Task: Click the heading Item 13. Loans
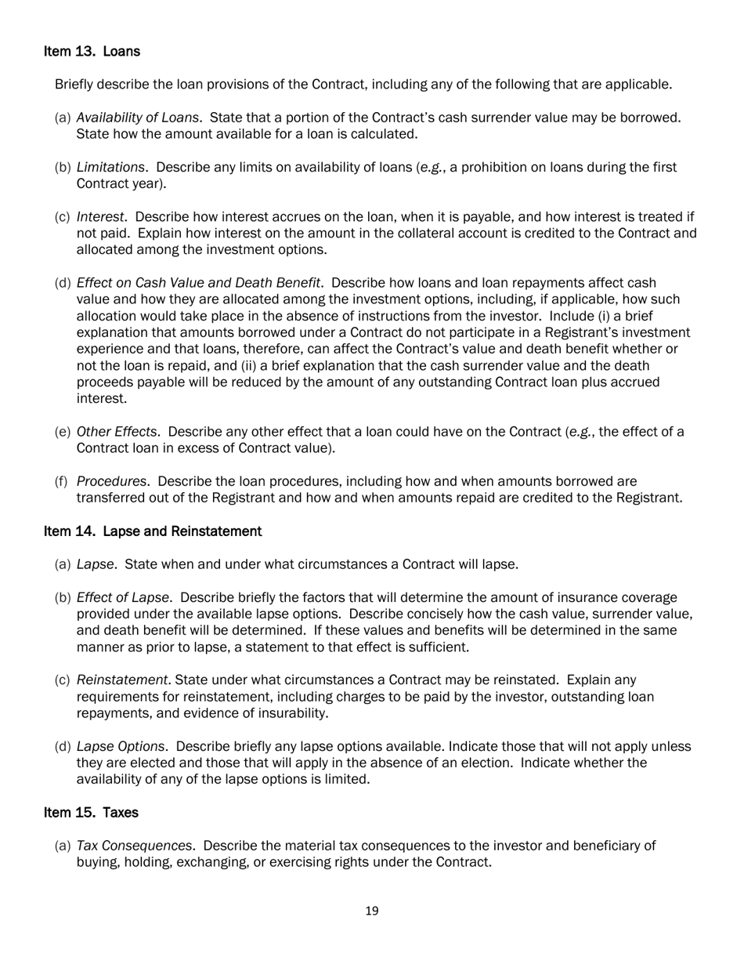tap(92, 52)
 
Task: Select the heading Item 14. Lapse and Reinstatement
tap(152, 531)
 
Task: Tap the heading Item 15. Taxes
tap(91, 813)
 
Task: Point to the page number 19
tap(372, 911)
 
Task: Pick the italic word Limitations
tap(110, 167)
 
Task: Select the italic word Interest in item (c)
tap(100, 216)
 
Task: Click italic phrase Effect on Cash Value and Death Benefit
tap(198, 282)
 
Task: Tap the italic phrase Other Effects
tap(117, 432)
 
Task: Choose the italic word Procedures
tap(113, 481)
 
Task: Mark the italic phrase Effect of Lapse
tap(123, 597)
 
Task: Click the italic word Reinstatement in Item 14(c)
tap(121, 680)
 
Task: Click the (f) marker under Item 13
tap(62, 481)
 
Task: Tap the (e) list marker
tap(63, 432)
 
